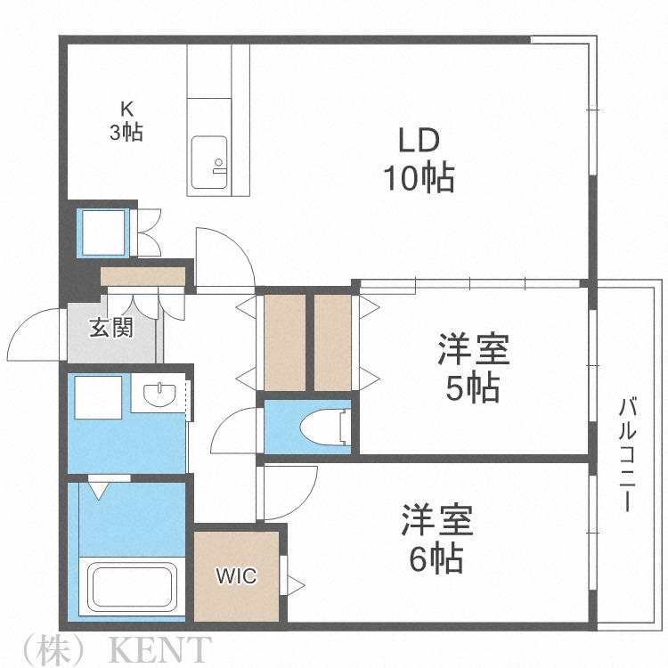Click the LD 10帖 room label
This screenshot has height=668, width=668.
[x=419, y=160]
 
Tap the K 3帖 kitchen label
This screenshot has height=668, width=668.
[x=126, y=121]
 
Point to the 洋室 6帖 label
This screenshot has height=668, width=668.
[x=436, y=539]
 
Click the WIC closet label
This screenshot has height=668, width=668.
[x=236, y=576]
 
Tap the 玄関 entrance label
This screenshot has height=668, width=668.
[x=110, y=328]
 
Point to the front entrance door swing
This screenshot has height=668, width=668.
[x=37, y=334]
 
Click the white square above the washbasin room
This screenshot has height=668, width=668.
[x=98, y=397]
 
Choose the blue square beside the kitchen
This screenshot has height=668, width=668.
[x=104, y=232]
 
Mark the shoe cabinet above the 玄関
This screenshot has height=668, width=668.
[x=143, y=276]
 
